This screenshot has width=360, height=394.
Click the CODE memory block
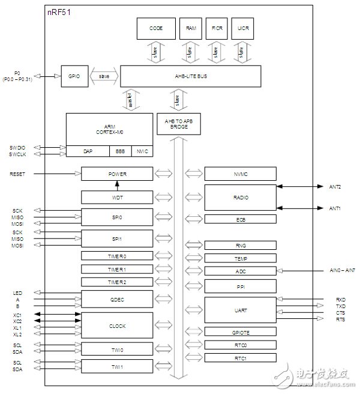click(x=156, y=28)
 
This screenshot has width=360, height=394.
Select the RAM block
click(x=190, y=28)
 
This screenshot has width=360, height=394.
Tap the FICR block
click(x=215, y=28)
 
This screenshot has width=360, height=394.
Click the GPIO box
click(x=74, y=76)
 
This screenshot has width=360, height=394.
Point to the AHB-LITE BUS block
click(x=190, y=76)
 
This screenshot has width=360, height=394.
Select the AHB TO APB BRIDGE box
click(x=176, y=124)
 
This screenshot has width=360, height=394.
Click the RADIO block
click(x=241, y=197)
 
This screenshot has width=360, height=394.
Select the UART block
click(x=241, y=310)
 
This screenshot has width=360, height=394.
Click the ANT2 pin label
click(x=334, y=187)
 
